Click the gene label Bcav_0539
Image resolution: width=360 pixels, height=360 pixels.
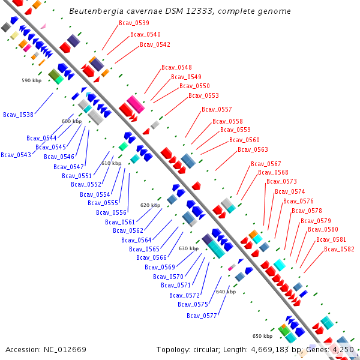[134, 23]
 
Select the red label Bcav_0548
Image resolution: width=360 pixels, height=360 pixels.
[176, 67]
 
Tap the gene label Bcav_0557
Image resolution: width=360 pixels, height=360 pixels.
[217, 109]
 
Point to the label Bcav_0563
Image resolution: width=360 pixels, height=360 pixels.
[253, 149]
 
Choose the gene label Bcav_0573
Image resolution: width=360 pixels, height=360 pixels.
[281, 181]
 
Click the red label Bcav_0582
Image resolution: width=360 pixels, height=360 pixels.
[339, 249]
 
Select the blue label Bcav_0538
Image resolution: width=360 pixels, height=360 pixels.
[18, 114]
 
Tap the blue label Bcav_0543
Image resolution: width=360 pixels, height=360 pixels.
[16, 155]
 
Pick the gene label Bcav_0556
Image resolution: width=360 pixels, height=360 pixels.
[112, 212]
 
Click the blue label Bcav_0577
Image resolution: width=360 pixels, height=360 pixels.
[202, 316]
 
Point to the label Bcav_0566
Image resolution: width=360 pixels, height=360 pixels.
[151, 257]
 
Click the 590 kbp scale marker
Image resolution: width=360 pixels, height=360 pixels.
[32, 80]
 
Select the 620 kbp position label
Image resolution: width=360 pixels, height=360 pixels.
[150, 205]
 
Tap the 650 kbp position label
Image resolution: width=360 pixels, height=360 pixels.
[262, 336]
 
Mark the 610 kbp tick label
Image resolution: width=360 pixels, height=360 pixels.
[111, 163]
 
